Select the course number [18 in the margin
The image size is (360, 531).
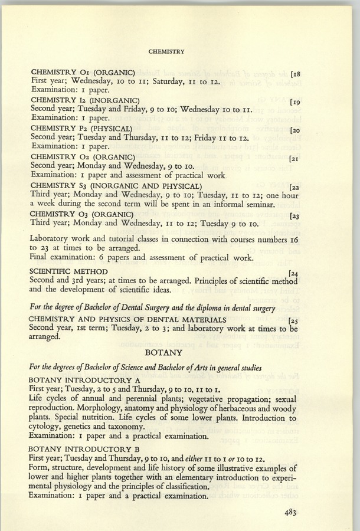point(295,74)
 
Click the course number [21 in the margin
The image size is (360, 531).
point(295,159)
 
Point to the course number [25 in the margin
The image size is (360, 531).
point(293,321)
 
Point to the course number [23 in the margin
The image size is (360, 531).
point(295,215)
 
